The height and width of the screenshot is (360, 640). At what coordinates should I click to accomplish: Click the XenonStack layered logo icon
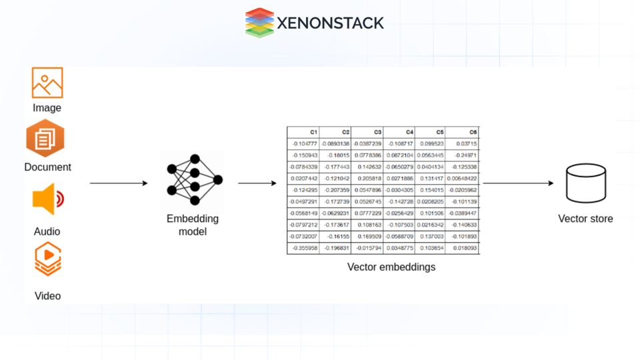pyautogui.click(x=259, y=23)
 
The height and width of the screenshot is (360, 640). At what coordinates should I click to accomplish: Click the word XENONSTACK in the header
pyautogui.click(x=331, y=23)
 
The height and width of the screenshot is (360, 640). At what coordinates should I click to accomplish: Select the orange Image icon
pyautogui.click(x=47, y=83)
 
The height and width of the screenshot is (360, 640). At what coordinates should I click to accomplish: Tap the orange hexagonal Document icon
pyautogui.click(x=45, y=139)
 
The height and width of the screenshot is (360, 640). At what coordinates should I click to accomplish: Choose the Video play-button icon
pyautogui.click(x=48, y=259)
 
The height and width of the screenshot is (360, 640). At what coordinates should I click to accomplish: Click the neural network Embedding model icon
pyautogui.click(x=193, y=180)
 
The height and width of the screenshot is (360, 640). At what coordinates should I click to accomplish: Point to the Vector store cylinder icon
pyautogui.click(x=585, y=184)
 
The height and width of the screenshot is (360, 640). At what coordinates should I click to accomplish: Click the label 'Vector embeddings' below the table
pyautogui.click(x=391, y=267)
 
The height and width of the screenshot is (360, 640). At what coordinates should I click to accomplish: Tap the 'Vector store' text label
pyautogui.click(x=585, y=219)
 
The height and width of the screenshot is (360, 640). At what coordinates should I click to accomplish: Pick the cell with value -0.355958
pyautogui.click(x=303, y=248)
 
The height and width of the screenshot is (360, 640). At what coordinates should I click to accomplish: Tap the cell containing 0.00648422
pyautogui.click(x=463, y=179)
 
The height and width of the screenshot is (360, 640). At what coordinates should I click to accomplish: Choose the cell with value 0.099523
pyautogui.click(x=431, y=144)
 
